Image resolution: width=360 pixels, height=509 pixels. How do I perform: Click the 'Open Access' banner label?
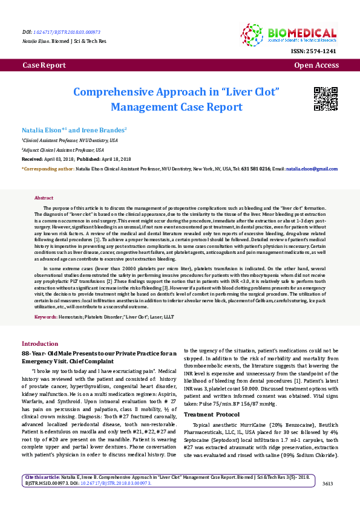click(316, 65)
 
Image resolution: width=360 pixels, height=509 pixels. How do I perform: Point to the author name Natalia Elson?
click(42, 130)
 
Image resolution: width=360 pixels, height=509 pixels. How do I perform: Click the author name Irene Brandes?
click(104, 130)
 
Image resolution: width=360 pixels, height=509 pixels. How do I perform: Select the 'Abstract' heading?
click(44, 198)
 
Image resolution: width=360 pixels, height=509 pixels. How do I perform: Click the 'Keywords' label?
click(46, 317)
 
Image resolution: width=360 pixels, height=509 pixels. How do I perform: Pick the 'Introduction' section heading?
click(40, 343)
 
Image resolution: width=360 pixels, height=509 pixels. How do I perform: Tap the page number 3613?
click(328, 484)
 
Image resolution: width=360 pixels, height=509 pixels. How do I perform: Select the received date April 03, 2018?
click(56, 160)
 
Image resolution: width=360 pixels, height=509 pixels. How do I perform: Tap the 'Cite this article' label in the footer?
click(40, 478)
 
